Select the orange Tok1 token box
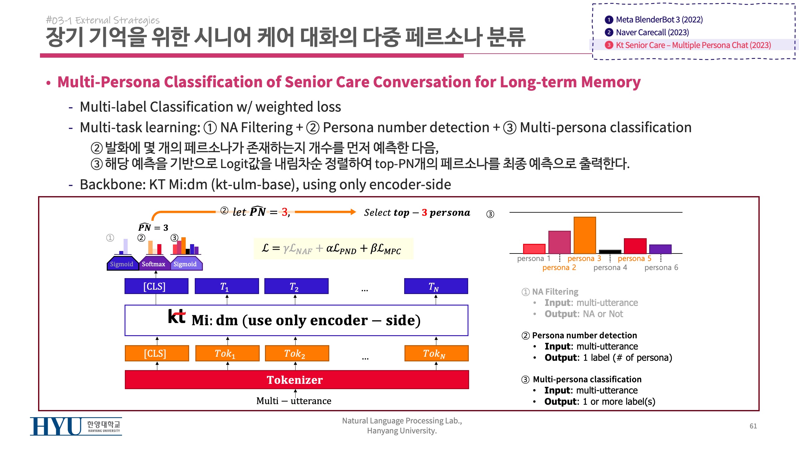[x=227, y=353]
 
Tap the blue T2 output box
[x=296, y=286]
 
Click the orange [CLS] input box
[x=157, y=353]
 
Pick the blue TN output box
[x=436, y=286]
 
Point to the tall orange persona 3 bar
[x=585, y=235]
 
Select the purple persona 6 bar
[x=660, y=249]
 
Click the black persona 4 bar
[x=610, y=251]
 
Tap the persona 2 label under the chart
[x=559, y=268]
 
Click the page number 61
[x=753, y=426]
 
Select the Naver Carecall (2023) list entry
[x=652, y=32]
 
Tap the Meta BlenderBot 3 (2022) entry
[x=659, y=20]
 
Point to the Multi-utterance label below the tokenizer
[x=294, y=401]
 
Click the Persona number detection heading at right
[x=584, y=335]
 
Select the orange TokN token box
[x=436, y=353]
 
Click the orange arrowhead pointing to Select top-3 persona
[x=353, y=212]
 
